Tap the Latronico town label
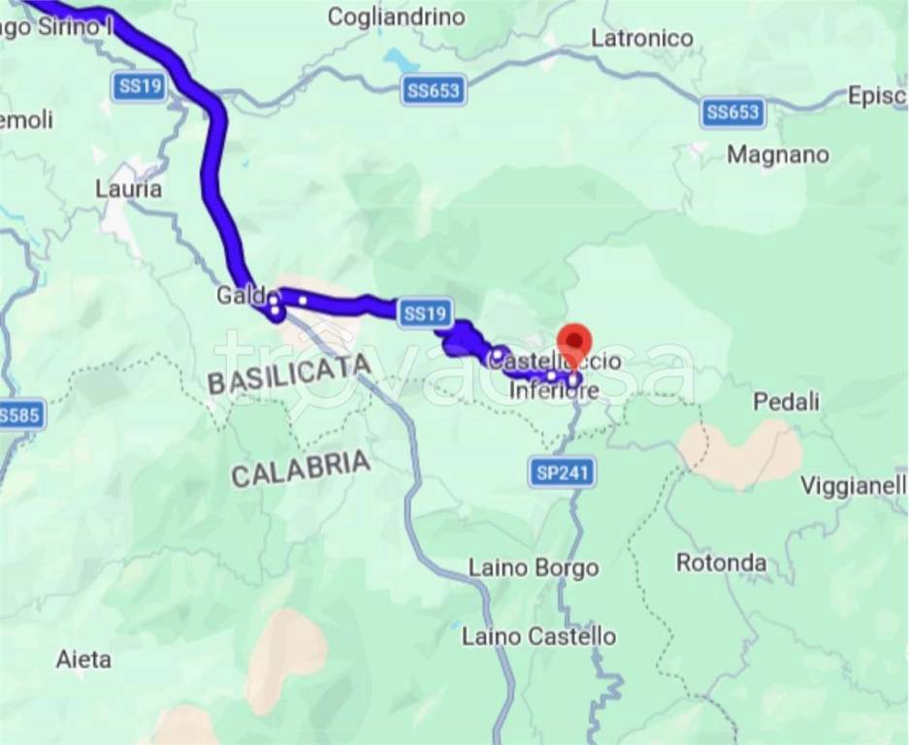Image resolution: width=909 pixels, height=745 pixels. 642,39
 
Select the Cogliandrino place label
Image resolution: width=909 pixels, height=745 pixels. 396,16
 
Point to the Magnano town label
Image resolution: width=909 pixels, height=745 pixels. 778,154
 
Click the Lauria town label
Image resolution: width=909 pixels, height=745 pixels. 128,188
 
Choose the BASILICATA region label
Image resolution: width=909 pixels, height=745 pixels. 289,373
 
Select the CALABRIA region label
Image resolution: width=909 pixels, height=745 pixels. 301,470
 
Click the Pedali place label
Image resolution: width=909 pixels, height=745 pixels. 787,402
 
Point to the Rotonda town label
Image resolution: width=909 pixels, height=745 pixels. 721,563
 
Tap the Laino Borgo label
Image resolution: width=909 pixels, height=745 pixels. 534,567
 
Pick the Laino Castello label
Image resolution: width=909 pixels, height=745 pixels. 538,637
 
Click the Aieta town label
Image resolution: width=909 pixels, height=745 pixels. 83,660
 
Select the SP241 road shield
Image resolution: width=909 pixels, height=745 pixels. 563,473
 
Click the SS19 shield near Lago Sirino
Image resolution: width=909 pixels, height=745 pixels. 140,86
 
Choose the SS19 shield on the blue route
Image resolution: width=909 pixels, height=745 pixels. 425,312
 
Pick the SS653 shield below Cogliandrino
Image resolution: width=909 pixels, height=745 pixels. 434,91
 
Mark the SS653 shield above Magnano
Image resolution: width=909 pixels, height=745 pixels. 732,113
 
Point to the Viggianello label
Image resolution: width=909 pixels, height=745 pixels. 853,485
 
